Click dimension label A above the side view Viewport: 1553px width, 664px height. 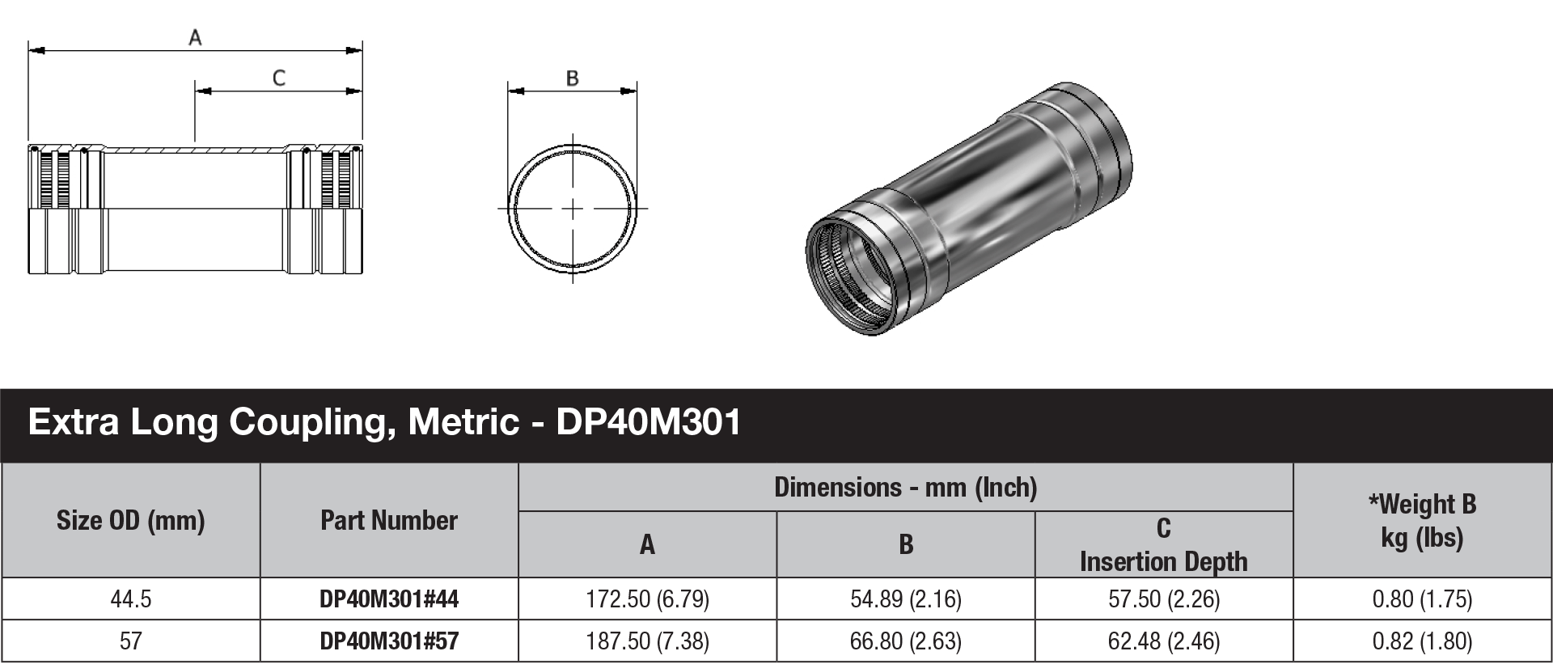coord(195,36)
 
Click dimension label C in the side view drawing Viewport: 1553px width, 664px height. coord(279,78)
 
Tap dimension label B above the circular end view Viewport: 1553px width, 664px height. coord(573,78)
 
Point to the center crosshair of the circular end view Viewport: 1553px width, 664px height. coord(573,209)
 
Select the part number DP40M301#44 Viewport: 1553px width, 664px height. coord(389,599)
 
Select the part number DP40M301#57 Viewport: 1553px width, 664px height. coord(389,641)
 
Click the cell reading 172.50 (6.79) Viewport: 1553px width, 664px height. coord(647,599)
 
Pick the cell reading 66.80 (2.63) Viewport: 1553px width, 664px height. coord(905,641)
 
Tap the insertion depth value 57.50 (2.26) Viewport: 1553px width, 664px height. coord(1164,599)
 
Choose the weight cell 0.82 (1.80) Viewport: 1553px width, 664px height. coord(1422,641)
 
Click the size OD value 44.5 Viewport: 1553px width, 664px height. coord(131,599)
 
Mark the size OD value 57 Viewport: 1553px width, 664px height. coord(131,641)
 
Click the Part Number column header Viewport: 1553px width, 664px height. coord(389,520)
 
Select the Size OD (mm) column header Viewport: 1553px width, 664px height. coord(131,520)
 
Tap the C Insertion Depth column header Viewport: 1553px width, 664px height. coord(1164,545)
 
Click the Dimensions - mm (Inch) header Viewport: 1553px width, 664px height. coord(905,487)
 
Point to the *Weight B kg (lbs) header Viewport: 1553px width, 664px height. coord(1422,520)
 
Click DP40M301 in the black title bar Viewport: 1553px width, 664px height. coord(649,422)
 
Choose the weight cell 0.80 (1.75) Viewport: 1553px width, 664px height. coord(1422,599)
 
